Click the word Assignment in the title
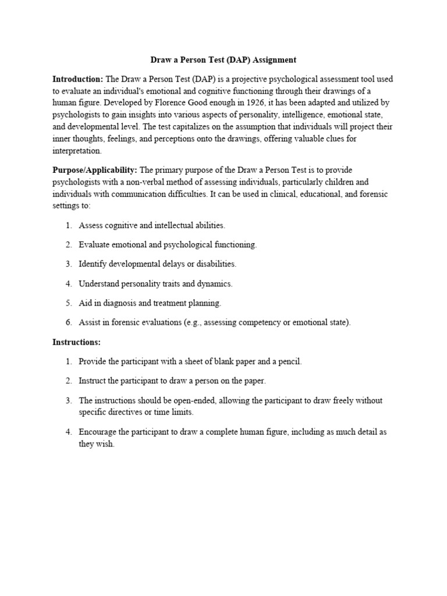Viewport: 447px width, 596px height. (274, 59)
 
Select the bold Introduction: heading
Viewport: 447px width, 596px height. (77, 79)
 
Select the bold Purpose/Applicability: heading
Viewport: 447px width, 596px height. (95, 170)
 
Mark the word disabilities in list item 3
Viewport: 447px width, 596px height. (216, 264)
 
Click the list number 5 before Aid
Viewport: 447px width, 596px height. (68, 303)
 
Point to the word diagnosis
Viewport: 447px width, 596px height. (119, 303)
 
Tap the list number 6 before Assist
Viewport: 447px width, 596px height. (68, 322)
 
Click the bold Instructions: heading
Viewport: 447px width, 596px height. (76, 342)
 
